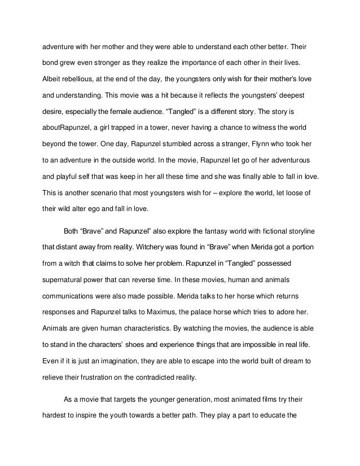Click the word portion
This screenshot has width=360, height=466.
tap(292, 246)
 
